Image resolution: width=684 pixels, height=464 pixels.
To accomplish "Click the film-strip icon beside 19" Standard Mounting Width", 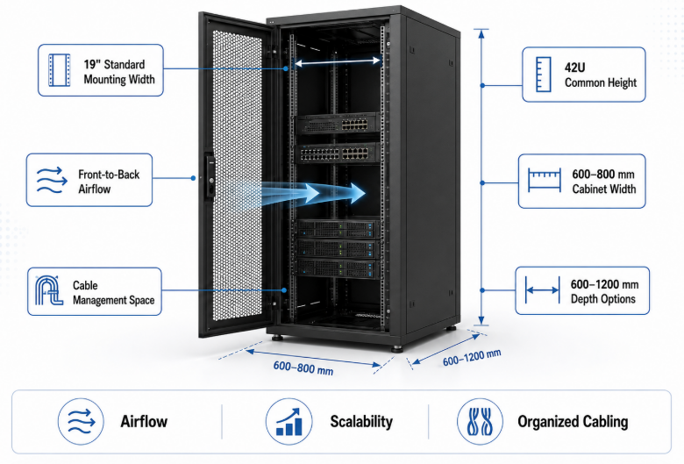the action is [x=60, y=70].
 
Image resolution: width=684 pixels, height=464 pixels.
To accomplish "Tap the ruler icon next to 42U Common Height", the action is [x=543, y=75].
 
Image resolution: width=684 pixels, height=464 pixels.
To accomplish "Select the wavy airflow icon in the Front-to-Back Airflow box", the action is [x=52, y=180].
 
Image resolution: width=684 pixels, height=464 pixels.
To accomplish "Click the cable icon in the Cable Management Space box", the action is [x=49, y=290].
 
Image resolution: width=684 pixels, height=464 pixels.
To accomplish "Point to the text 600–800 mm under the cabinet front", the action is [x=303, y=368].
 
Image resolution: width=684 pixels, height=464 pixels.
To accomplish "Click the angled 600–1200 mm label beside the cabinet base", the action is [x=472, y=358].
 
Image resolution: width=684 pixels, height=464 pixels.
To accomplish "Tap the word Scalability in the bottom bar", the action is [x=361, y=421].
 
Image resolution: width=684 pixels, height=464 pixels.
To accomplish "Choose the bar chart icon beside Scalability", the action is [x=289, y=422].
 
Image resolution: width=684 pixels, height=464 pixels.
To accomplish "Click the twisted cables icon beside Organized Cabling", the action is [x=480, y=422].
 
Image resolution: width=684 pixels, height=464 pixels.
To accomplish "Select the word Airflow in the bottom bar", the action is [x=144, y=421].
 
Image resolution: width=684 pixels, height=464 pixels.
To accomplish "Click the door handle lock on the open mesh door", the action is [x=210, y=175].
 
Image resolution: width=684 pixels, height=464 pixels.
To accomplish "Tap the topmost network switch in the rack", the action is [x=338, y=124].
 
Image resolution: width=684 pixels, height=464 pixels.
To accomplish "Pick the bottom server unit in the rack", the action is [x=337, y=268].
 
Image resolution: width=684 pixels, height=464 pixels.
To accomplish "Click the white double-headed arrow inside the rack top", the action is [x=338, y=62].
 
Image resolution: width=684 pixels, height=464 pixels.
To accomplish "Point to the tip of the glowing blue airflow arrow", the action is [x=366, y=192].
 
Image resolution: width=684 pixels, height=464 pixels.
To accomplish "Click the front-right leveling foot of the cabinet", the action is [x=396, y=349].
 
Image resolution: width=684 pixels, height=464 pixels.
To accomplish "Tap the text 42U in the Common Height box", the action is [x=574, y=68].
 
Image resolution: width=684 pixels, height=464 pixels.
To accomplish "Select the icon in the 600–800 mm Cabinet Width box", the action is [x=545, y=180].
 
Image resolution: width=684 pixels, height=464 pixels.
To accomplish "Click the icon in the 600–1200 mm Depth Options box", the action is [x=543, y=289].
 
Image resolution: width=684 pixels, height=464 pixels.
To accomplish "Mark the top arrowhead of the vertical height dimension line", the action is [x=481, y=33].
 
